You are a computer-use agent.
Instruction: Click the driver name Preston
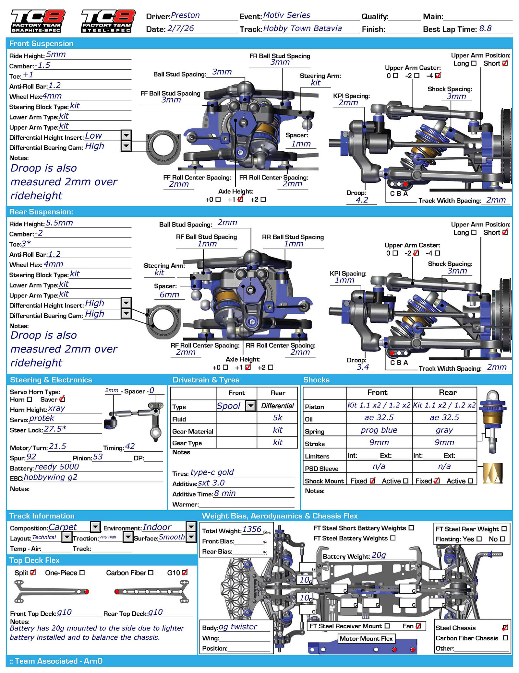click(185, 15)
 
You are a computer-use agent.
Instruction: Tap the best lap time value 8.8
click(485, 29)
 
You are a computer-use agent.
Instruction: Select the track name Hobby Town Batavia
click(302, 29)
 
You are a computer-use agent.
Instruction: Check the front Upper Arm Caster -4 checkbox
click(438, 75)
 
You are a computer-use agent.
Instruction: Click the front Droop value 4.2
click(362, 200)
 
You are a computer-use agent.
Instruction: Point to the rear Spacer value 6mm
click(169, 295)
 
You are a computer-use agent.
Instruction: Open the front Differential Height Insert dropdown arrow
click(126, 135)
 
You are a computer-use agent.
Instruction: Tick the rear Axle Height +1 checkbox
click(248, 367)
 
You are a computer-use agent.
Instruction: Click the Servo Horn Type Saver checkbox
click(62, 399)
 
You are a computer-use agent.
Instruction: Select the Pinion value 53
click(98, 457)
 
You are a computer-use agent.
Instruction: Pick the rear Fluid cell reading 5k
click(277, 418)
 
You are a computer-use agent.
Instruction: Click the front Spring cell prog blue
click(379, 430)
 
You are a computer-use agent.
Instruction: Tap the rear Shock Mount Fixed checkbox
click(437, 481)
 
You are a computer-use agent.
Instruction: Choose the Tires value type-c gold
click(212, 472)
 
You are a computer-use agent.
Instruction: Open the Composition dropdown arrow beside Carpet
click(95, 527)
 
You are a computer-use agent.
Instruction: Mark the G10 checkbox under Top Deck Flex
click(185, 573)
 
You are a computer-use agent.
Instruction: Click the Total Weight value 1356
click(252, 529)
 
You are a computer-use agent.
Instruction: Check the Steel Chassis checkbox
click(505, 628)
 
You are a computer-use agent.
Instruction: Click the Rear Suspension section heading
click(41, 212)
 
